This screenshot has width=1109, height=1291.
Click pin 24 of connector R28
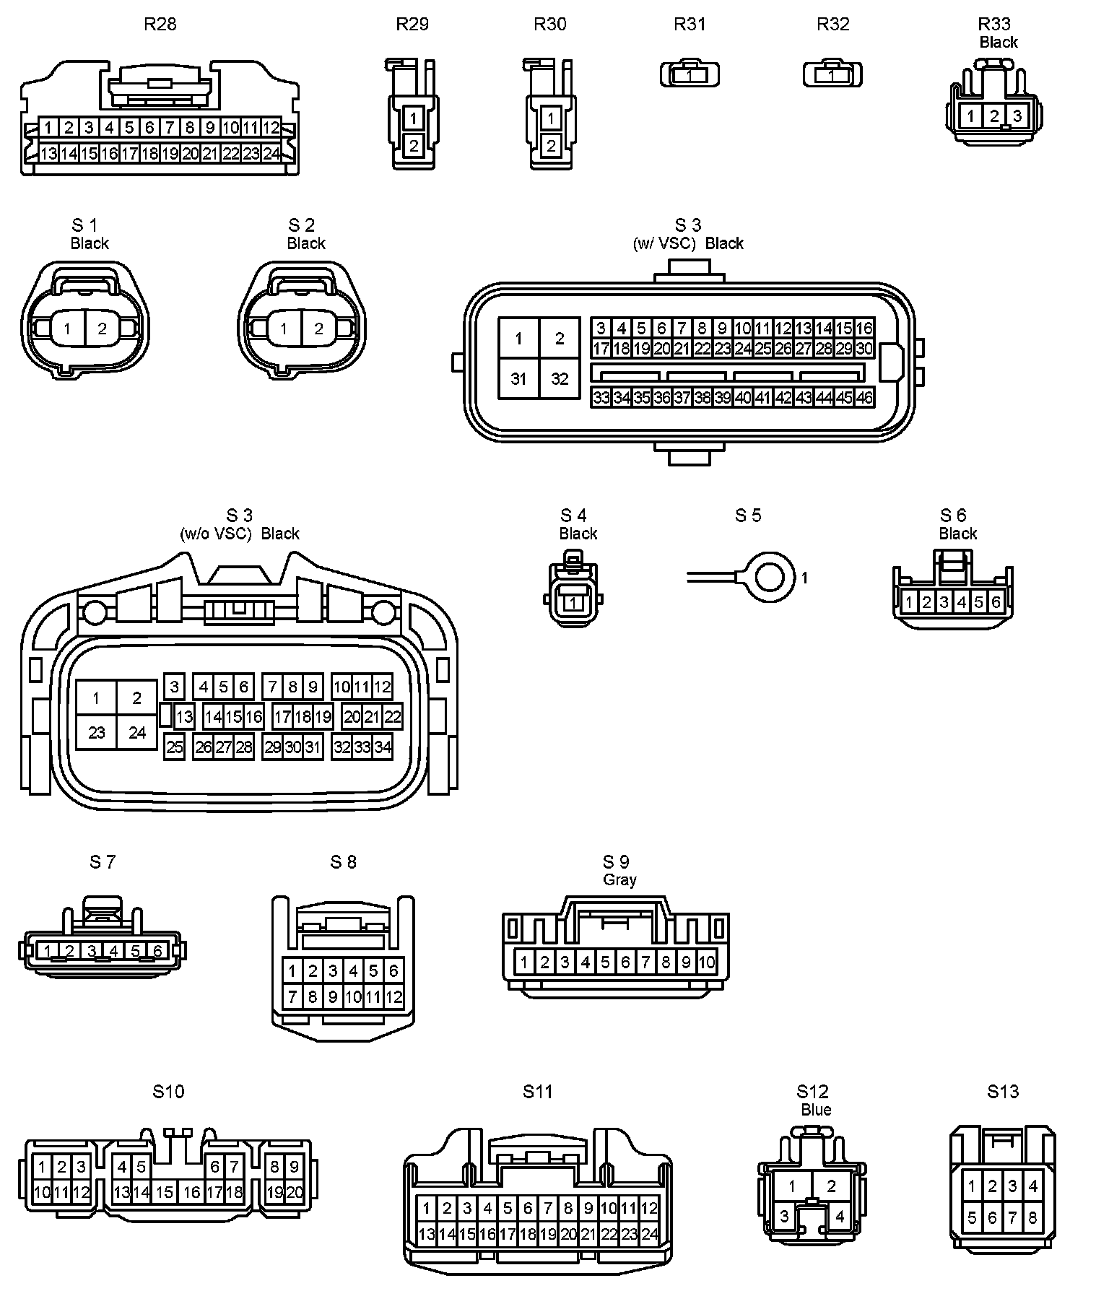coord(271,154)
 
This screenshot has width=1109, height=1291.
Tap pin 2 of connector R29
coord(414,146)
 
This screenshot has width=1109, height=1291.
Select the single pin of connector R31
coord(690,75)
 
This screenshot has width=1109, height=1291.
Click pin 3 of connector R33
coord(1017,116)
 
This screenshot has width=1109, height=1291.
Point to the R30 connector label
coord(550,25)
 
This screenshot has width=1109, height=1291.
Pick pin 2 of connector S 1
coord(102,329)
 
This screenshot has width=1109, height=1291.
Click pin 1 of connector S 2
coord(284,329)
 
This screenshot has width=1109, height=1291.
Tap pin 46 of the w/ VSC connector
coord(864,397)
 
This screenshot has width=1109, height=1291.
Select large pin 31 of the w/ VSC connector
coord(518,378)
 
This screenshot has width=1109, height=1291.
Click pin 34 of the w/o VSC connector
coord(383,747)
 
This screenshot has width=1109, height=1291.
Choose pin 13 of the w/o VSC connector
coord(185,717)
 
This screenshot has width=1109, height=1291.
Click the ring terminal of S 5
coord(773,577)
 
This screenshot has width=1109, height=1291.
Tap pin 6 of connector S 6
coord(996,602)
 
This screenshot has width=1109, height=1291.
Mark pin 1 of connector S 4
coord(573,602)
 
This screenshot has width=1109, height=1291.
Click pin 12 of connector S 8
coord(393,998)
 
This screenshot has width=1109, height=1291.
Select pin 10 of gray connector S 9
coord(707,962)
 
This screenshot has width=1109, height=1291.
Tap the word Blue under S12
coord(816,1110)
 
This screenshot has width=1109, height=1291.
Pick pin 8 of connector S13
coord(1032,1218)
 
